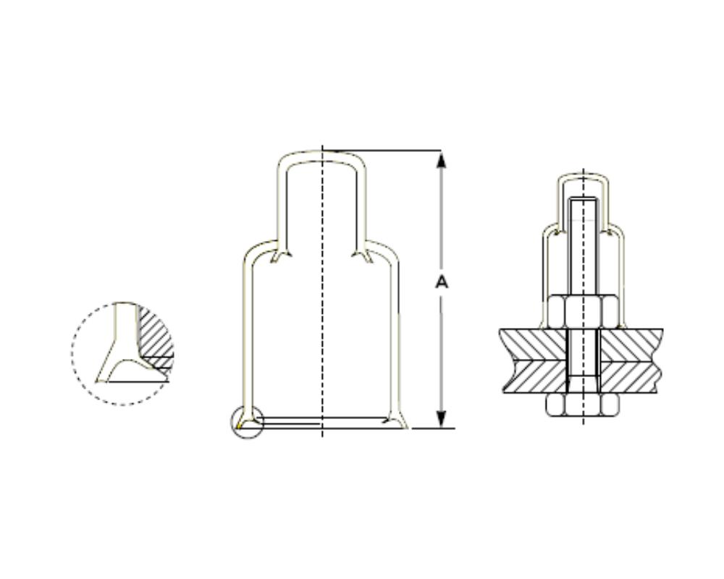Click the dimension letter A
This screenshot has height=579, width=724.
(442, 282)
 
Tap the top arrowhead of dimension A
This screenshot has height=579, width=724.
(442, 159)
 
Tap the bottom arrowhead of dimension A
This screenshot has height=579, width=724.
(442, 419)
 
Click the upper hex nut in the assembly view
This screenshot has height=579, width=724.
(583, 312)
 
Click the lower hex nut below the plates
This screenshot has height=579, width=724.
(583, 405)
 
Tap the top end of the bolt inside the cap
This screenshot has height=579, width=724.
(584, 199)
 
